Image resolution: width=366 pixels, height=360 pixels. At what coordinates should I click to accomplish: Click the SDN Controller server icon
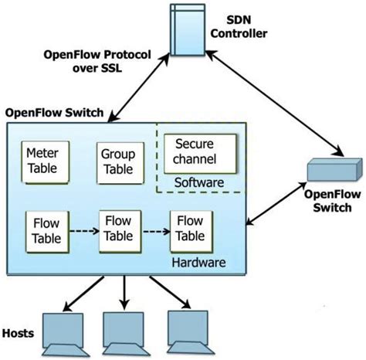[185, 30]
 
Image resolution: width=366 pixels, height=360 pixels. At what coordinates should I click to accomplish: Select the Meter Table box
[42, 161]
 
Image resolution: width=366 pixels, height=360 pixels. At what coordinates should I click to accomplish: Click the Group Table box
[117, 161]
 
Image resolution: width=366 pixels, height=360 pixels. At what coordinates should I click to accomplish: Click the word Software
[199, 182]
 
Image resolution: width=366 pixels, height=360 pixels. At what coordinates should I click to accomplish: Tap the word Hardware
[200, 263]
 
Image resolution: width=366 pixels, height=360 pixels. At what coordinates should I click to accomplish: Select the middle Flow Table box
[119, 229]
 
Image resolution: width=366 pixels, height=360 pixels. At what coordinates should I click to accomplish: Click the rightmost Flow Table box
[190, 229]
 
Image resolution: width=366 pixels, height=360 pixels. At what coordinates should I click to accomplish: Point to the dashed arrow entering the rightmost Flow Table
[155, 229]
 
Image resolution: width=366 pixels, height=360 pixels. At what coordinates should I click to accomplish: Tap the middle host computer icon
[124, 331]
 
